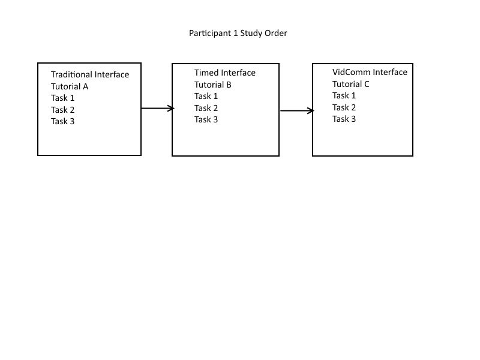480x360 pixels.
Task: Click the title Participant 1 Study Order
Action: point(238,34)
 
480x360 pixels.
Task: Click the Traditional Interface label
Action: point(90,75)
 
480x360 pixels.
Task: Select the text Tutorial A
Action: point(70,86)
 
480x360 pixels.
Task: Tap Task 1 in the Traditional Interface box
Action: point(62,98)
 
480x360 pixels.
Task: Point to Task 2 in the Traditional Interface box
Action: point(62,110)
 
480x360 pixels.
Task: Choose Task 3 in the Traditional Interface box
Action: point(62,121)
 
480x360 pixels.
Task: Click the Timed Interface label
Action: point(225,73)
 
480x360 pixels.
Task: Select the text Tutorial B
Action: point(213,85)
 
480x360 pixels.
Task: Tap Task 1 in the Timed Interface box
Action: point(206,96)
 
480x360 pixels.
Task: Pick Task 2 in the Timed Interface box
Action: point(206,108)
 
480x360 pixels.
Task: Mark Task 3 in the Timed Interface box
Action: point(206,119)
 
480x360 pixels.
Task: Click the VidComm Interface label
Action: point(370,73)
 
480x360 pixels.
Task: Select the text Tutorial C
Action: point(351,84)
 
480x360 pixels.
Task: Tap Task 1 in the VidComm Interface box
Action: point(344,95)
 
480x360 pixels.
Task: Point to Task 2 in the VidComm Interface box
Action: point(344,107)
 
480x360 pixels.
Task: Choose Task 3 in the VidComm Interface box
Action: point(344,119)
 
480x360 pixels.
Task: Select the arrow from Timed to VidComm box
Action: point(296,110)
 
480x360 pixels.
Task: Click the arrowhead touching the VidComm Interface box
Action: point(311,110)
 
